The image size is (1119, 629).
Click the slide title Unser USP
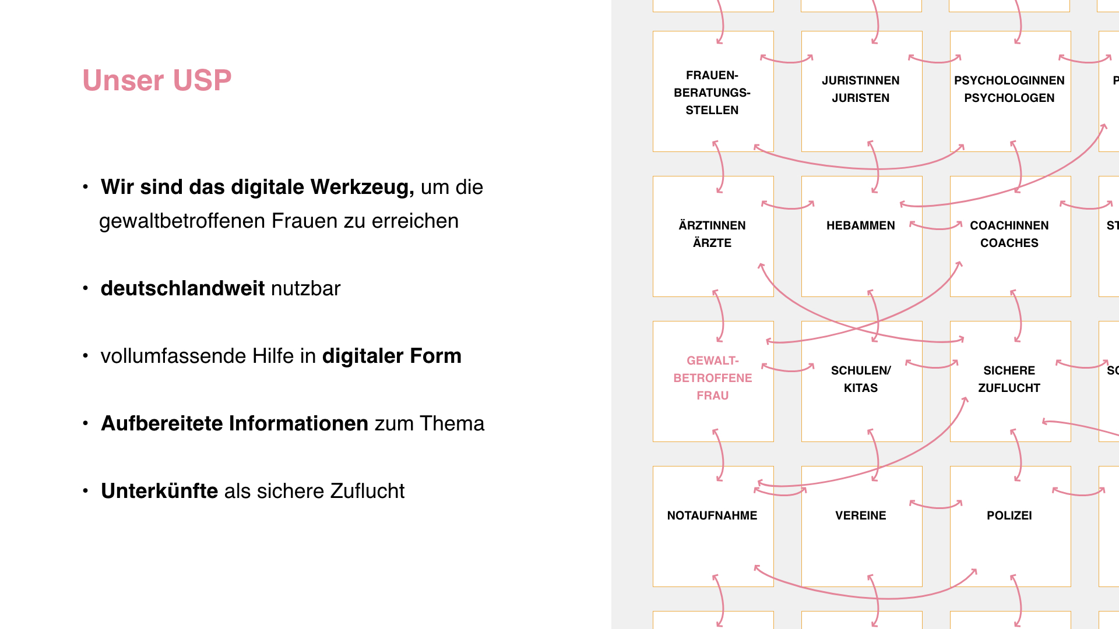click(157, 80)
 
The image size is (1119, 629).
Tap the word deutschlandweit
click(182, 288)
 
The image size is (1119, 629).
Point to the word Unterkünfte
click(159, 491)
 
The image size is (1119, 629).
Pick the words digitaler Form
click(392, 356)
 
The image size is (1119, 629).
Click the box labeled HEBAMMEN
click(860, 225)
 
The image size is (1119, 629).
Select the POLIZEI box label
click(1009, 515)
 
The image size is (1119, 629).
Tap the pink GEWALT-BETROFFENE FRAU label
click(712, 378)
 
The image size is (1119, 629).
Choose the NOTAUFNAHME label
click(712, 515)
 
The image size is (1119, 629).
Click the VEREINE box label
click(860, 515)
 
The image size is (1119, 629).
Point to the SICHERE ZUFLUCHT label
click(1009, 379)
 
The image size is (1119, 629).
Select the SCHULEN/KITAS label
click(860, 379)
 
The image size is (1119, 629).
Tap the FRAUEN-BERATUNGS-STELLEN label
click(712, 93)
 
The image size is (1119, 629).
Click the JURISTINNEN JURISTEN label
click(860, 89)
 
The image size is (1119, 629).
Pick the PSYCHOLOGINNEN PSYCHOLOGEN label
click(1009, 89)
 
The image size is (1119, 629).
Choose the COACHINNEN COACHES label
click(1009, 234)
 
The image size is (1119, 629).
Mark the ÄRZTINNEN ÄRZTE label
click(712, 234)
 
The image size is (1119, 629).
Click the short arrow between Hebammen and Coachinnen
click(935, 227)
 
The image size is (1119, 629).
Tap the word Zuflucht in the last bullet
click(367, 491)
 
